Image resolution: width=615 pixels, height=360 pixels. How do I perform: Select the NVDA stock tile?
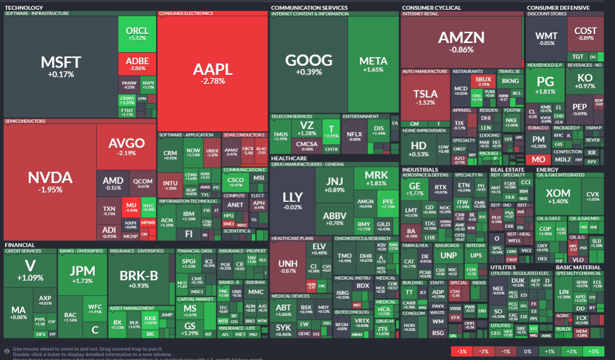50,182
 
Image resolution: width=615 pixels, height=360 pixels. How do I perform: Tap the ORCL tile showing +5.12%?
137,34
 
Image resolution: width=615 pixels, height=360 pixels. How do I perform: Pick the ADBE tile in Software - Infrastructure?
137,64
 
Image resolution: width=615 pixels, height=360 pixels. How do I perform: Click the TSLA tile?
425,97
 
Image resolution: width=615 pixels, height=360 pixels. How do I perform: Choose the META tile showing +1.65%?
373,64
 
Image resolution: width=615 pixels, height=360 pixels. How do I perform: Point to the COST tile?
585,34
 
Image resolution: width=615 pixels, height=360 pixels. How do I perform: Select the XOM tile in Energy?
558,196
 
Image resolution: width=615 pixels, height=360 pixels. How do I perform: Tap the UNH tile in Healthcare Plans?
288,266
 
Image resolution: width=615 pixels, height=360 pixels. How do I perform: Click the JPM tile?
82,274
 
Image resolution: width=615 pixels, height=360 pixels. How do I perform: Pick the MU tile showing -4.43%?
131,207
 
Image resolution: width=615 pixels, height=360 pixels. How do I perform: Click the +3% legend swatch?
593,351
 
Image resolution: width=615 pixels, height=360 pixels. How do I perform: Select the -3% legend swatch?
462,351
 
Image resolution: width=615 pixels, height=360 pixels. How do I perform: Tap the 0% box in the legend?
528,351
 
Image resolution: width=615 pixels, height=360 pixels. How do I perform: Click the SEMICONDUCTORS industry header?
25,121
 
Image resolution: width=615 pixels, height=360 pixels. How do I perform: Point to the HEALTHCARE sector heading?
289,158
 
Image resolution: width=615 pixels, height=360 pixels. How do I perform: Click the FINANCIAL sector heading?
20,245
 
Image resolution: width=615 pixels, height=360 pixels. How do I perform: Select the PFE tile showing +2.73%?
388,203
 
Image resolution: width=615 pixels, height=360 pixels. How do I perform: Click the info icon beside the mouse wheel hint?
7,351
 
